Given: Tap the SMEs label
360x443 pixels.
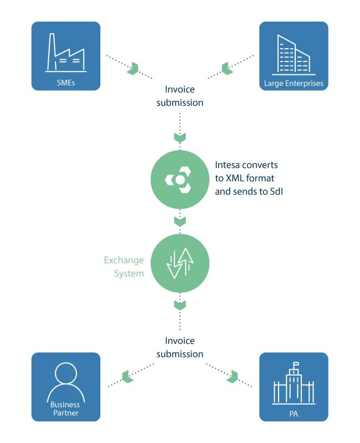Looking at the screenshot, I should tap(65, 84).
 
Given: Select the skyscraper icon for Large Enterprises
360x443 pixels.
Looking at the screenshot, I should tap(294, 55).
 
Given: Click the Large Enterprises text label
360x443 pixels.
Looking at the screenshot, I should tap(294, 84).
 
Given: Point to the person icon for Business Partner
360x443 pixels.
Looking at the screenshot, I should tap(65, 380).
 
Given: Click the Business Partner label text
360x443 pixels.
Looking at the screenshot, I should tap(65, 409).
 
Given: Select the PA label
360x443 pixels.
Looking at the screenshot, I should tap(294, 413).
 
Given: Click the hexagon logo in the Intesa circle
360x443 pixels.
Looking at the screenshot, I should tap(179, 179).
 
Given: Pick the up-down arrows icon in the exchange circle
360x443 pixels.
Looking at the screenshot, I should tap(180, 263).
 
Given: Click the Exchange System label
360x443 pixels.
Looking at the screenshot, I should tap(124, 267).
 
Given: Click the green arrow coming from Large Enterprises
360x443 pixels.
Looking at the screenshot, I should tap(227, 69).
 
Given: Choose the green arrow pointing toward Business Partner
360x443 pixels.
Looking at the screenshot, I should tap(128, 377).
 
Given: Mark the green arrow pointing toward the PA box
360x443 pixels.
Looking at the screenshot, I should tap(232, 377).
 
